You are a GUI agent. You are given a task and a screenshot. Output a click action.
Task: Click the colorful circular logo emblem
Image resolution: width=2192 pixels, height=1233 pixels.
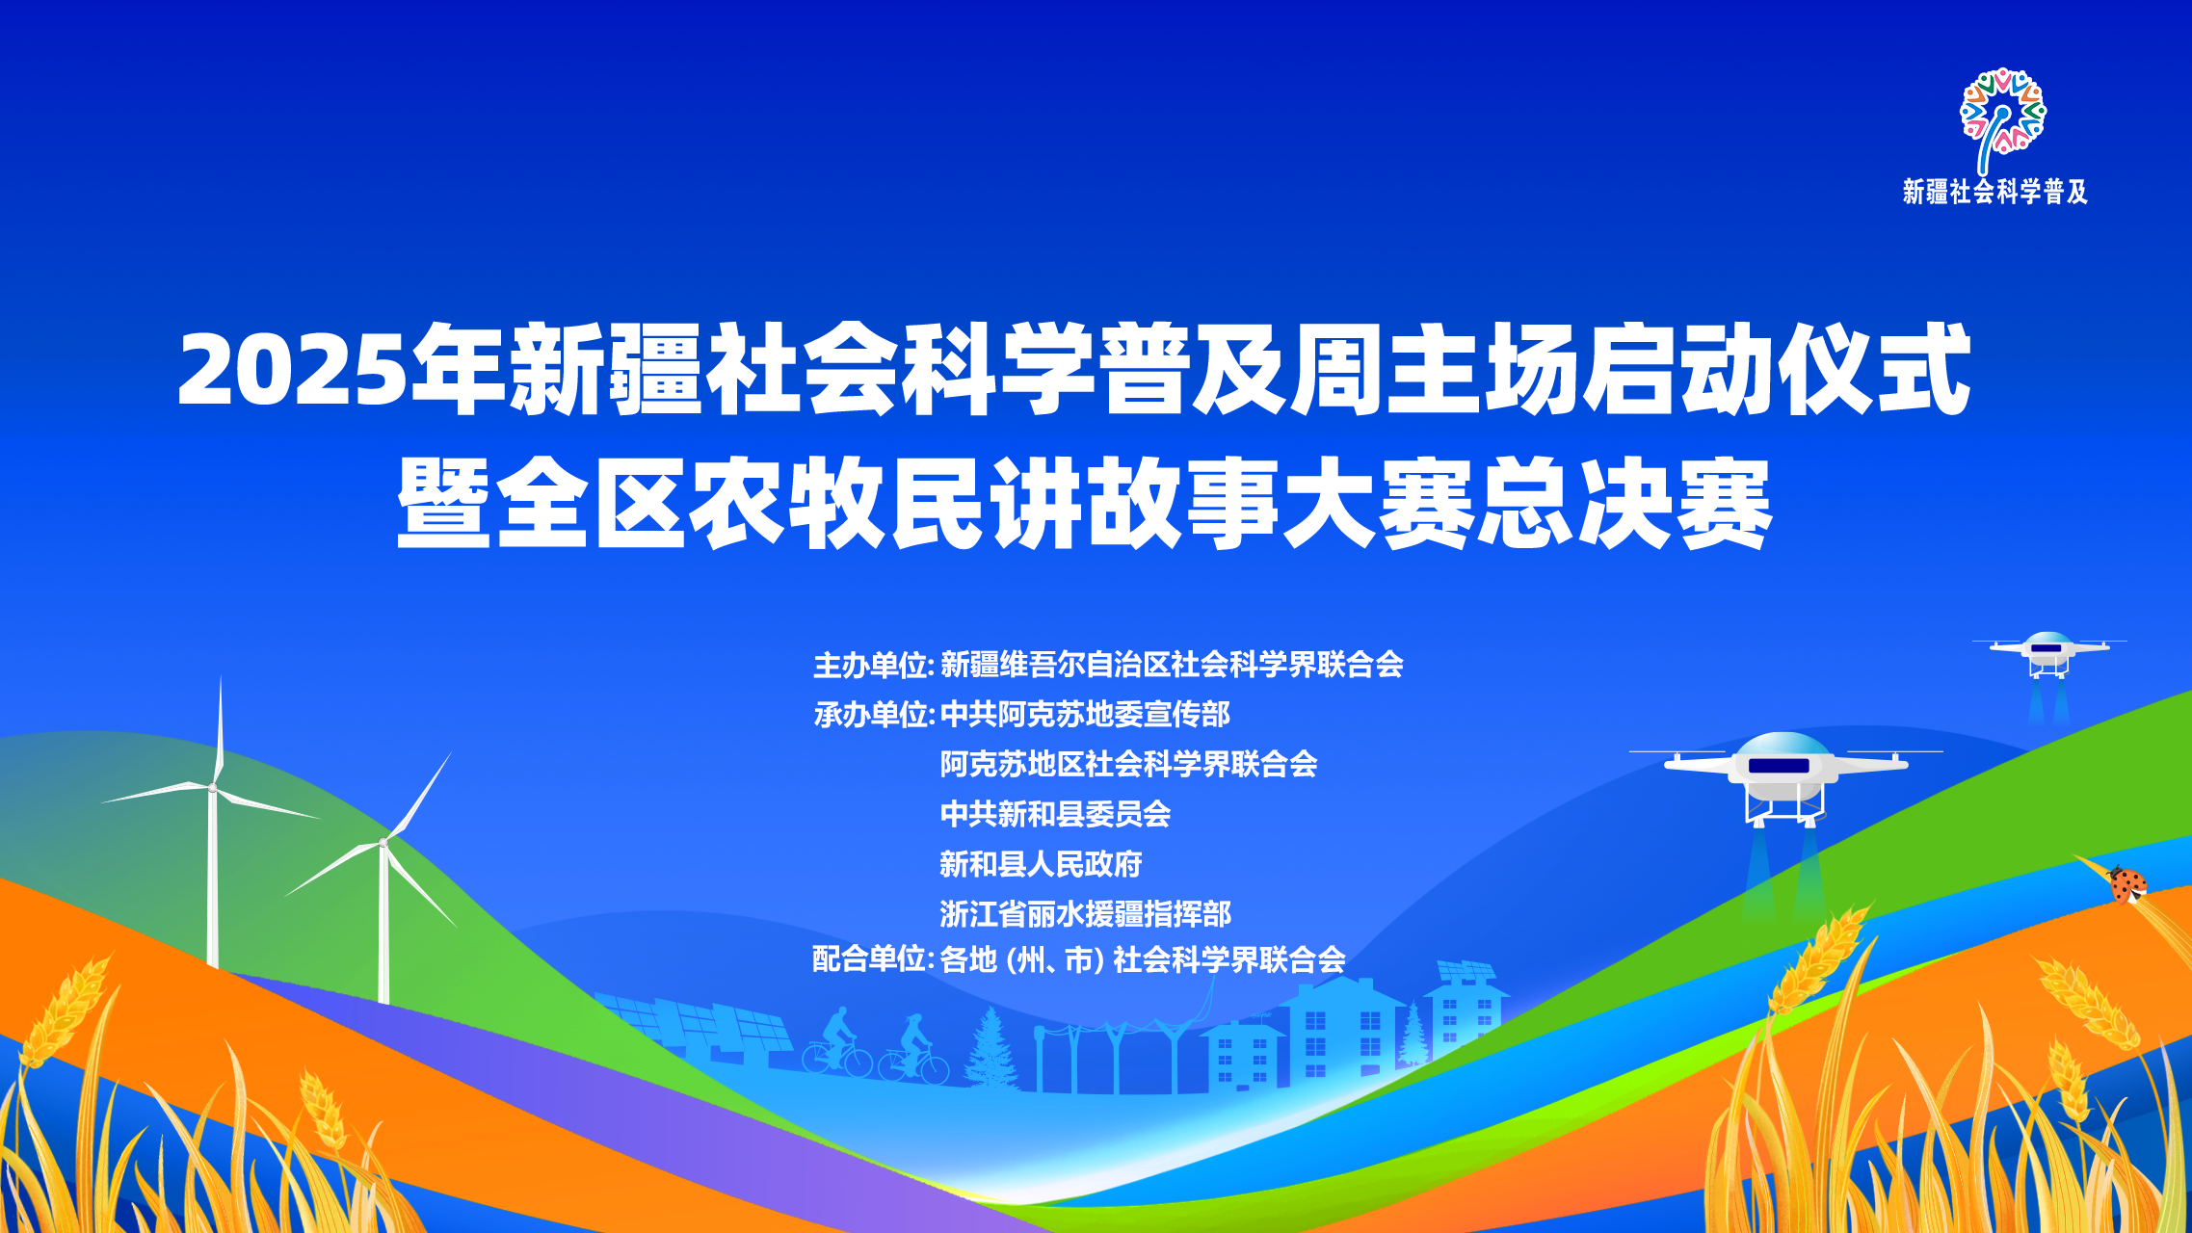point(2003,114)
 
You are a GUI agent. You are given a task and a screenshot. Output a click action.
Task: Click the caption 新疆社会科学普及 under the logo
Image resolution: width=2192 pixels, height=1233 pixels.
point(1995,192)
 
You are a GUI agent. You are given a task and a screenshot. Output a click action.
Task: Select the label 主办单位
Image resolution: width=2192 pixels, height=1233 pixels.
point(871,665)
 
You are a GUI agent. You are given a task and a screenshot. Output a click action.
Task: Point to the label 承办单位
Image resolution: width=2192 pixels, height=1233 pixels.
point(871,715)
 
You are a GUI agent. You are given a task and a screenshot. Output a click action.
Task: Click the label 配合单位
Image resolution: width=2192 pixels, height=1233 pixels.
point(871,959)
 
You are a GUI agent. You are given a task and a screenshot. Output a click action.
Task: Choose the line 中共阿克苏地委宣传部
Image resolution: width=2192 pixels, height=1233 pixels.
point(1085,715)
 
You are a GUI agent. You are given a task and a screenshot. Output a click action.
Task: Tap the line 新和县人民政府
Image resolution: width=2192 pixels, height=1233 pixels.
point(1041,864)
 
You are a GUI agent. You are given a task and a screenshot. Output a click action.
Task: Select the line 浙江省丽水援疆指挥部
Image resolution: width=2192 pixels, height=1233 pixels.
point(1085,913)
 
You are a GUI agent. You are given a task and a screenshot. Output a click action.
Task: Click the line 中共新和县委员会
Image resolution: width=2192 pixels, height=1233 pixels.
point(1055,814)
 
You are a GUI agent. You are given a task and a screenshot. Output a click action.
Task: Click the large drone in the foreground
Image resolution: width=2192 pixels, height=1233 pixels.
point(1784,776)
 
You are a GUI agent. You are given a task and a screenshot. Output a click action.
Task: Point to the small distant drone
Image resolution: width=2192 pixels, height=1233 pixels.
point(2048,655)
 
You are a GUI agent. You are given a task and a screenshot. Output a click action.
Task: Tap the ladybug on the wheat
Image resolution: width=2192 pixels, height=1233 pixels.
point(2127,883)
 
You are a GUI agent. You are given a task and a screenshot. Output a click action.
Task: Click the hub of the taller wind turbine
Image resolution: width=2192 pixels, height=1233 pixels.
point(213,789)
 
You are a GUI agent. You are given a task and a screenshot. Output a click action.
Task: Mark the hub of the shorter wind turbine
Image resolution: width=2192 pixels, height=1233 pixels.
point(383,843)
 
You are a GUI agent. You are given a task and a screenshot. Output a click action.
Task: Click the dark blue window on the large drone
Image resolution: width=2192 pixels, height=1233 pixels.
point(1779,766)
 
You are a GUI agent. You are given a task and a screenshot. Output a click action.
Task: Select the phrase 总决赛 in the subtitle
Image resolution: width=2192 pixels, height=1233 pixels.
point(1625,504)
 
